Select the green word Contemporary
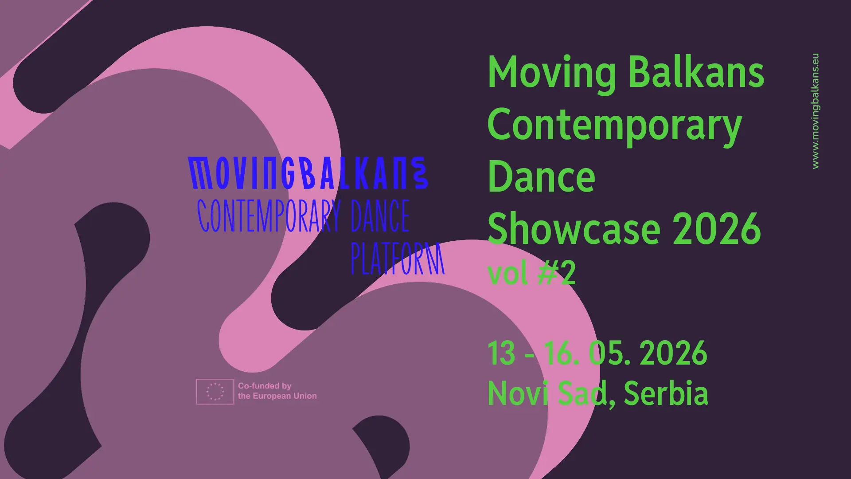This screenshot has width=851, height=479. [x=614, y=126]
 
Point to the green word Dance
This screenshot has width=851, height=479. [x=541, y=177]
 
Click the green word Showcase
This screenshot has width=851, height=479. [x=574, y=229]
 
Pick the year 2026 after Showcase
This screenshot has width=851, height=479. [x=717, y=229]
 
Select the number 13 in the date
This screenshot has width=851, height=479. [x=501, y=353]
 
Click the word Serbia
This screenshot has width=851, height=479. [x=666, y=393]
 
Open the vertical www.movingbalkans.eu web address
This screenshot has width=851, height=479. [x=815, y=111]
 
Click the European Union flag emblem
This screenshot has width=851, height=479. [x=215, y=392]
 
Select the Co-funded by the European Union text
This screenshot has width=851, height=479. [x=277, y=391]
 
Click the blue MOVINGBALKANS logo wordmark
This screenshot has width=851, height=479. [x=308, y=173]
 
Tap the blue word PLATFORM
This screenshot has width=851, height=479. [x=397, y=259]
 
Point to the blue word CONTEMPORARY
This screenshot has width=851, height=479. [x=269, y=216]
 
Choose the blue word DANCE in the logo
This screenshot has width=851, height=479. [x=380, y=216]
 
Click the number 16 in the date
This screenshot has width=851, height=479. [x=561, y=353]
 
